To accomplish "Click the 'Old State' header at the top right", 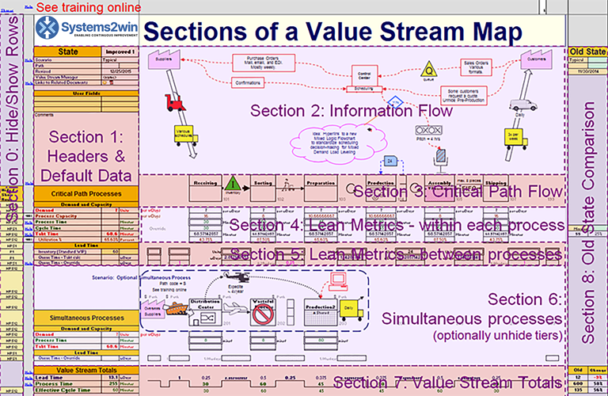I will point(587,51).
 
